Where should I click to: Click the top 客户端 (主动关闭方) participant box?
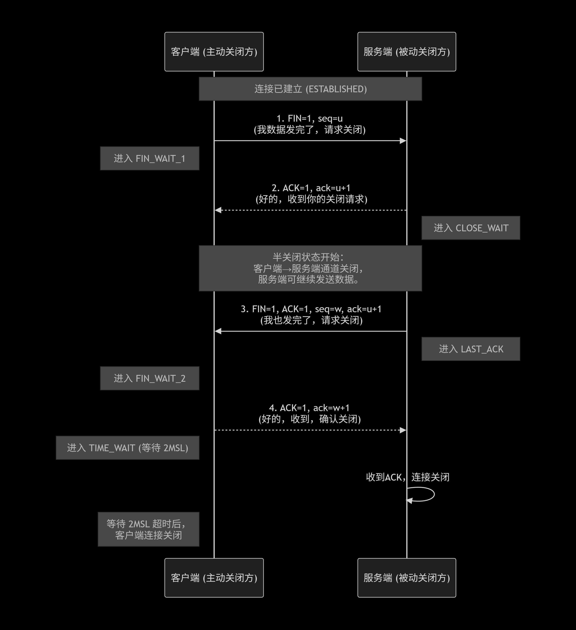[214, 52]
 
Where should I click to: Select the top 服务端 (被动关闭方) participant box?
[406, 52]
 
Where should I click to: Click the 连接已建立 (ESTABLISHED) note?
[310, 89]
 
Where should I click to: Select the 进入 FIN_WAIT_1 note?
[150, 158]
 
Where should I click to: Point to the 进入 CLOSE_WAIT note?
[470, 228]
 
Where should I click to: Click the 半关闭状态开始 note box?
[310, 268]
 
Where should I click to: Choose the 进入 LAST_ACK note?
[470, 349]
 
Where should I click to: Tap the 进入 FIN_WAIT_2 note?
[150, 378]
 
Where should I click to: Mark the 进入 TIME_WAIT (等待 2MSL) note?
[127, 448]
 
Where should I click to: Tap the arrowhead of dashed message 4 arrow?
[403, 430]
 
